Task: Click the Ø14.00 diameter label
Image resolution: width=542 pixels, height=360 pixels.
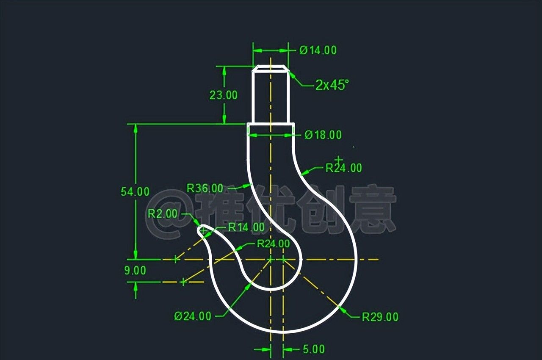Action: (318, 50)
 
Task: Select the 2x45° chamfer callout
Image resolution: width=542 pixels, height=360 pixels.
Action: (332, 85)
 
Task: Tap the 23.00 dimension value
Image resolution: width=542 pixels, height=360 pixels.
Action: (224, 95)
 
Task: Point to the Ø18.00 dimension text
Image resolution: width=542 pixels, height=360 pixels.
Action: (323, 135)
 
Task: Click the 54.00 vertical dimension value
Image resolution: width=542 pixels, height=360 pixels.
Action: (135, 191)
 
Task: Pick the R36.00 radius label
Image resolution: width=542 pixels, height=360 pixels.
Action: (205, 188)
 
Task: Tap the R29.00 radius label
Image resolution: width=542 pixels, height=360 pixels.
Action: (380, 317)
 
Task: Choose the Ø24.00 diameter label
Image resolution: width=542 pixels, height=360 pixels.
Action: (193, 316)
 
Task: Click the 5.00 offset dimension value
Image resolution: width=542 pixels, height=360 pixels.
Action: (314, 349)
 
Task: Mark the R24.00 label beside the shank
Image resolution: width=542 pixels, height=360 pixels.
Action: (344, 168)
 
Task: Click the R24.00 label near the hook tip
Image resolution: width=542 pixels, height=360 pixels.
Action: (274, 244)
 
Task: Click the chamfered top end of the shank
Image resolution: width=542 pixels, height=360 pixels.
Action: (270, 68)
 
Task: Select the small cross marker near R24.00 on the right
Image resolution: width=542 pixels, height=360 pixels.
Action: (338, 160)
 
